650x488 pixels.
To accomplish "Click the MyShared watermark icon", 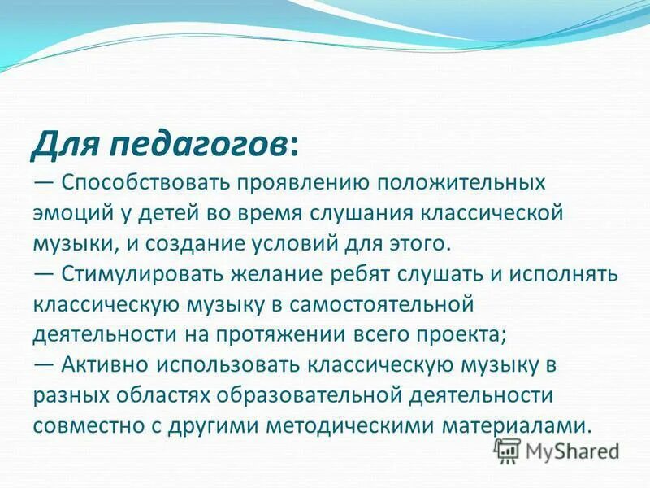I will tap(508, 451).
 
